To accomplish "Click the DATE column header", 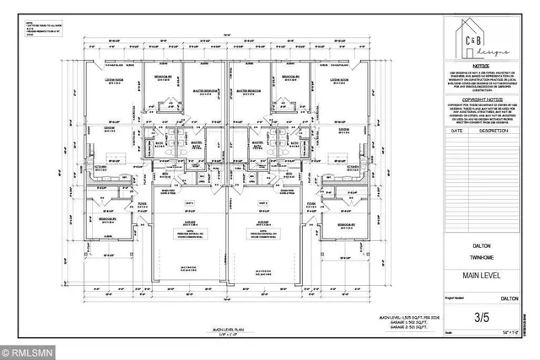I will pyautogui.click(x=457, y=132).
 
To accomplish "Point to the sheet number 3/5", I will pyautogui.click(x=482, y=318).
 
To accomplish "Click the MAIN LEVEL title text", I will pyautogui.click(x=482, y=276).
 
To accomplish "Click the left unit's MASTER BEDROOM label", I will pyautogui.click(x=204, y=89).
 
